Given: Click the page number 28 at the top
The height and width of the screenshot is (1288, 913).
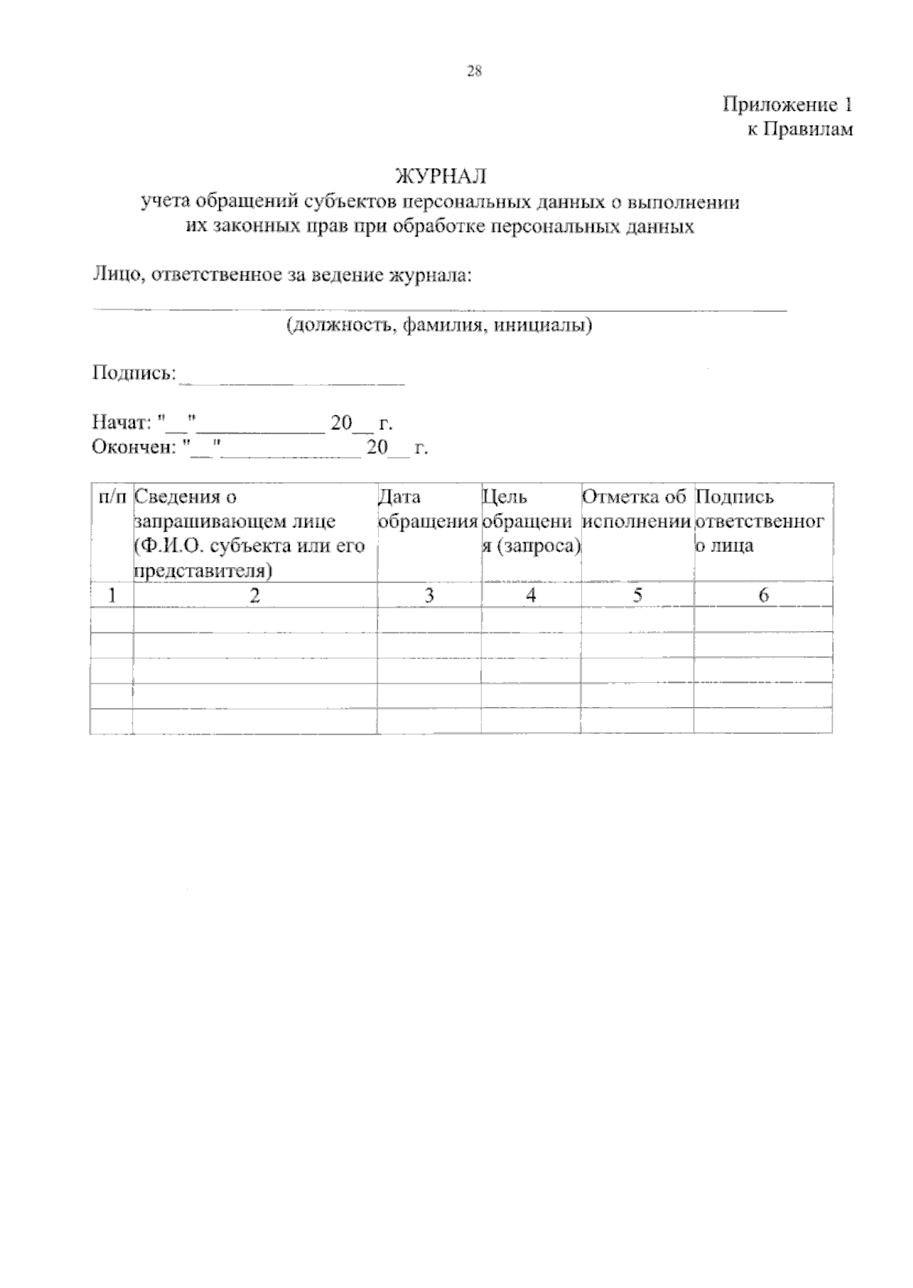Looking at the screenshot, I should tap(474, 71).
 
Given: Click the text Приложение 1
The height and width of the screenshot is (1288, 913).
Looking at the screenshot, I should tap(787, 105).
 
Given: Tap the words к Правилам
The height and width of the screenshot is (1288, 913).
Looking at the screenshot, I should tap(799, 130).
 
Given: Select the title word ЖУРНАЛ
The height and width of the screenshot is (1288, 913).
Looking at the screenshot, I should tap(441, 176).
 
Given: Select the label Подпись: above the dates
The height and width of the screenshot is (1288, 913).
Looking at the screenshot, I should tap(134, 373).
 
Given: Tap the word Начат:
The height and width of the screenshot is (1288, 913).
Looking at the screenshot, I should tap(122, 422).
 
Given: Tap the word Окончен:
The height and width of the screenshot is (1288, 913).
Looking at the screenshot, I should tap(133, 447).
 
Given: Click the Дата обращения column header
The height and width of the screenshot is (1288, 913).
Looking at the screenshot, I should tap(428, 509).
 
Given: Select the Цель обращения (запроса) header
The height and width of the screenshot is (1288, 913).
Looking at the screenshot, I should tap(530, 522).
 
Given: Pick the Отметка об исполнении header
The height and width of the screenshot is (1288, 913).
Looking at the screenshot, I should tap(637, 509).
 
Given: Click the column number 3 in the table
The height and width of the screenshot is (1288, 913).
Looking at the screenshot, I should tap(429, 595).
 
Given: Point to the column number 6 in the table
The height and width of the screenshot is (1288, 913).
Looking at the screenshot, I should tap(763, 595).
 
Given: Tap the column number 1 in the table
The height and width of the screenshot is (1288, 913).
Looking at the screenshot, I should tap(112, 595).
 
